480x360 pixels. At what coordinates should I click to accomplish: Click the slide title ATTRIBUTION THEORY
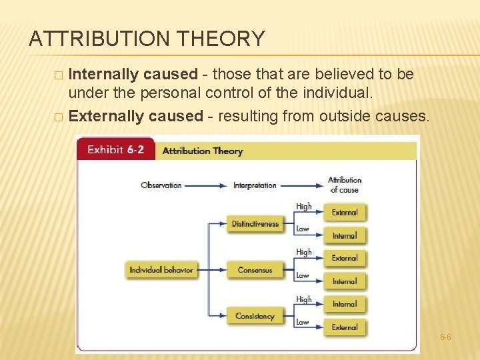pyautogui.click(x=147, y=39)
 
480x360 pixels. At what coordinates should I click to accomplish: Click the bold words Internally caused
pyautogui.click(x=133, y=74)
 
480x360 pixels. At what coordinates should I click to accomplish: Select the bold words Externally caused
pyautogui.click(x=135, y=116)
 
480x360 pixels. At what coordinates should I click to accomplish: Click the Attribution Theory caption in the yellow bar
pyautogui.click(x=203, y=151)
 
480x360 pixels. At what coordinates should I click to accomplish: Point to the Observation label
pyautogui.click(x=161, y=185)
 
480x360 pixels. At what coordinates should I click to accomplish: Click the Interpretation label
pyautogui.click(x=255, y=185)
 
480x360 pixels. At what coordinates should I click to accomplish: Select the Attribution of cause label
pyautogui.click(x=345, y=185)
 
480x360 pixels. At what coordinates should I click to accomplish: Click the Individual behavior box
pyautogui.click(x=161, y=270)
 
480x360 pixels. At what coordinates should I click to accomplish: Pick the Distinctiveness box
pyautogui.click(x=255, y=224)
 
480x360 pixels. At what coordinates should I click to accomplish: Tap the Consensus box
pyautogui.click(x=255, y=270)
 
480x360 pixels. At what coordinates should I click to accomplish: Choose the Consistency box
pyautogui.click(x=255, y=316)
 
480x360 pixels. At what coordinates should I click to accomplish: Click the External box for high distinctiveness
pyautogui.click(x=345, y=213)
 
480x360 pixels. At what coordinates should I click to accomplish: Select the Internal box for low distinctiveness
pyautogui.click(x=345, y=235)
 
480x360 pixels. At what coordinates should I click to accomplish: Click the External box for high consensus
pyautogui.click(x=345, y=258)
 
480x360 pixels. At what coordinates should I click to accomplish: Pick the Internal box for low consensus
pyautogui.click(x=345, y=281)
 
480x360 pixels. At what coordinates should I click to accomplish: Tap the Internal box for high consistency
pyautogui.click(x=345, y=304)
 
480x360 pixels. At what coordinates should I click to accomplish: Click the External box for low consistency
pyautogui.click(x=345, y=327)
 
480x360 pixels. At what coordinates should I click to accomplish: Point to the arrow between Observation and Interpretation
pyautogui.click(x=207, y=185)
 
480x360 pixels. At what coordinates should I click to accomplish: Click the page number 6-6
pyautogui.click(x=445, y=337)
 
